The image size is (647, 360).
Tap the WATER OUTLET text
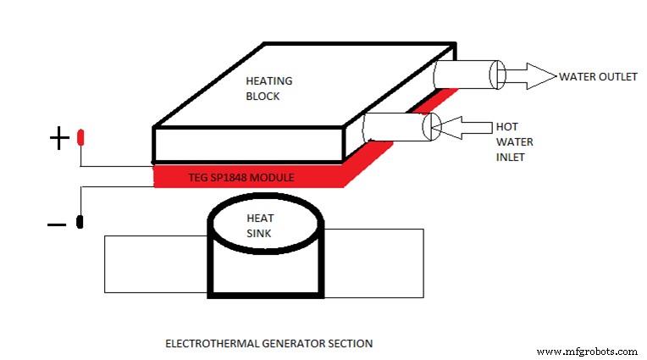(597, 76)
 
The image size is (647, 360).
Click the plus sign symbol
(58, 138)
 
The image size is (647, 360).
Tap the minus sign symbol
(57, 224)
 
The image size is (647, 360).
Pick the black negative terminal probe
(80, 223)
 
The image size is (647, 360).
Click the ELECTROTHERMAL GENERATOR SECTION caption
(268, 343)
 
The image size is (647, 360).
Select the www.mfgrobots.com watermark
(588, 351)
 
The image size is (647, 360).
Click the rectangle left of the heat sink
(155, 263)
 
